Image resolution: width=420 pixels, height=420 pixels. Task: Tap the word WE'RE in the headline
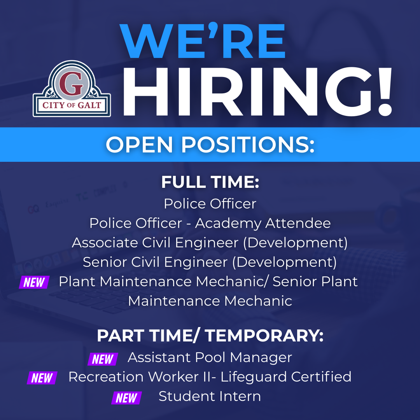[202, 42]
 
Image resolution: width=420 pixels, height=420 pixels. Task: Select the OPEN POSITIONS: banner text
[210, 145]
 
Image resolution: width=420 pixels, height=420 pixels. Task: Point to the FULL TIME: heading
[210, 182]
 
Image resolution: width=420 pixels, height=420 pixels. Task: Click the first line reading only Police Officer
[210, 204]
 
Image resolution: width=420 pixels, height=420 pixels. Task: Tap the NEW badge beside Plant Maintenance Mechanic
[34, 282]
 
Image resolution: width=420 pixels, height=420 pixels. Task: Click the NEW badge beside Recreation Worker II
[42, 378]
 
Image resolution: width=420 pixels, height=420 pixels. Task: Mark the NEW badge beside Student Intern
[126, 398]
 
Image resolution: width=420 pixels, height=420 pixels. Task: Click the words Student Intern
[210, 396]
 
